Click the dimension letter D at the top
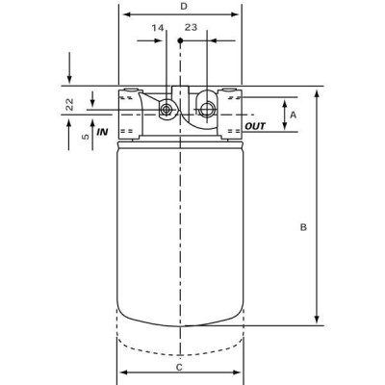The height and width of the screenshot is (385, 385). (184, 7)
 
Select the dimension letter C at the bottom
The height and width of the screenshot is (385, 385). (179, 367)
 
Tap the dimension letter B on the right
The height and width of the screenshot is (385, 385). (303, 228)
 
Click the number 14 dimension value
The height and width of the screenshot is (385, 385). (157, 29)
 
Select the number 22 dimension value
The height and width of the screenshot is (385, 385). (69, 105)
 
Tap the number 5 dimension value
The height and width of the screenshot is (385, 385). (87, 137)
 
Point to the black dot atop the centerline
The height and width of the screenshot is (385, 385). (180, 41)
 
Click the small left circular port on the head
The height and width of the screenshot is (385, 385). (166, 109)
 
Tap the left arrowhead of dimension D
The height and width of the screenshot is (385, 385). (122, 15)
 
